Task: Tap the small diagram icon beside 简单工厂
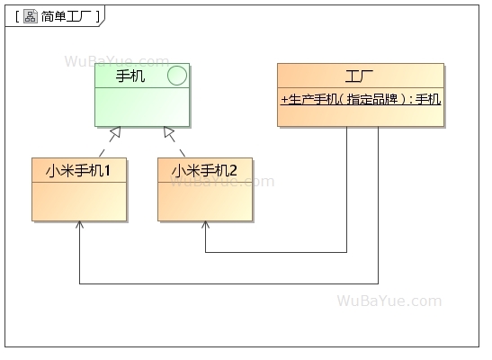(x=30, y=16)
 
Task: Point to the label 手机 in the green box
(x=130, y=76)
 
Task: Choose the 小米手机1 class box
(x=78, y=199)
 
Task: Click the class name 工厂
(x=360, y=75)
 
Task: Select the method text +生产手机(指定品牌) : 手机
(x=360, y=99)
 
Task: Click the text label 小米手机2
(x=204, y=169)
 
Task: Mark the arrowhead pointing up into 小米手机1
(x=79, y=225)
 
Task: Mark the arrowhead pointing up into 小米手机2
(x=205, y=225)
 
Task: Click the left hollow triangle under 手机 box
(x=114, y=134)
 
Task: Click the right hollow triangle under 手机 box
(x=167, y=134)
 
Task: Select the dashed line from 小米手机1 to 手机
(x=109, y=148)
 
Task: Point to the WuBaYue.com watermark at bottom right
(x=389, y=301)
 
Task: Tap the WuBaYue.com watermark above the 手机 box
(x=116, y=61)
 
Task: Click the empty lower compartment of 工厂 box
(x=360, y=118)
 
